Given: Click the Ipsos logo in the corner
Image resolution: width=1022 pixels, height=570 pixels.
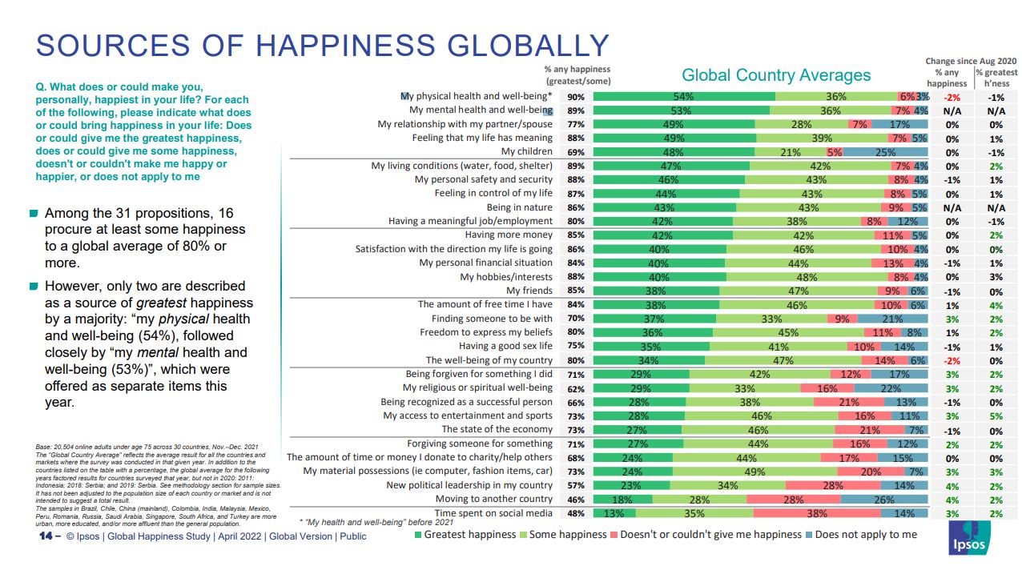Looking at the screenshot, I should [x=968, y=539].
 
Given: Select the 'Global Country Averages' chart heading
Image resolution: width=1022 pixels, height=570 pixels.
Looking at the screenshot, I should [x=775, y=75].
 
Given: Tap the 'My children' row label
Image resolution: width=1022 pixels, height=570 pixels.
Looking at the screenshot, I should [x=526, y=151].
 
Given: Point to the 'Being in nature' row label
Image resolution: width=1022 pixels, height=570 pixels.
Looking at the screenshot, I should [x=520, y=207].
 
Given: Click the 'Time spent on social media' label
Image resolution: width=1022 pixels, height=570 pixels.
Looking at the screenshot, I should [x=493, y=512].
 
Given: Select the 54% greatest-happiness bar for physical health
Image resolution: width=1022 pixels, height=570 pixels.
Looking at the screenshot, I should [x=684, y=96].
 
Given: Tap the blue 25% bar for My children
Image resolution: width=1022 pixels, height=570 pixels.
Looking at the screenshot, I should [x=886, y=152].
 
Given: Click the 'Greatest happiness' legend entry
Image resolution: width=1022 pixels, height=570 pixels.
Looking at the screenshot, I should [x=465, y=534].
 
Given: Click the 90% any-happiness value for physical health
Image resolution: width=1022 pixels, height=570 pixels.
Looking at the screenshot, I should [x=575, y=97].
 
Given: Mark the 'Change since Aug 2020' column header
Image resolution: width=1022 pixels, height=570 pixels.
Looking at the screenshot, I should [x=971, y=61].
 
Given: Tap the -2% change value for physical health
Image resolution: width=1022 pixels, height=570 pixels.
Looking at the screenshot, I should [x=952, y=97].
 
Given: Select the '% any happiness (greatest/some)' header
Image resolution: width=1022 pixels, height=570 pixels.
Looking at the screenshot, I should [x=577, y=74].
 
